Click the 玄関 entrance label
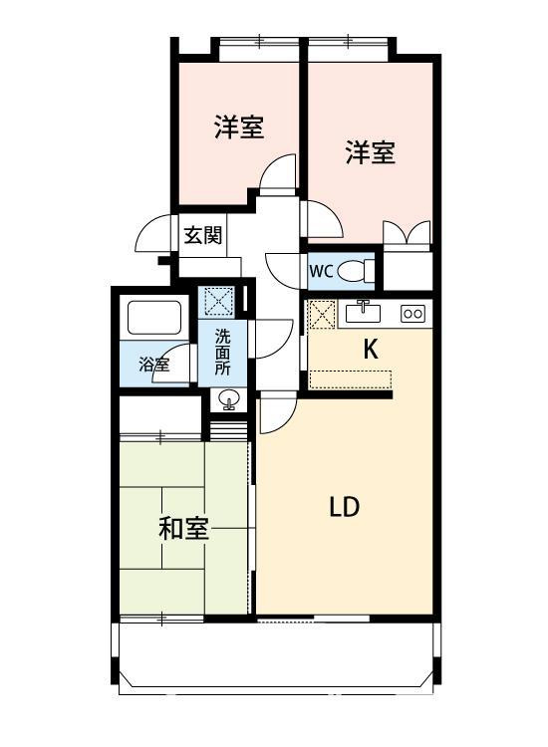click(202, 236)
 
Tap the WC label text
click(320, 270)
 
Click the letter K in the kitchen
click(370, 350)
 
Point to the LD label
click(344, 507)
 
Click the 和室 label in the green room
click(184, 529)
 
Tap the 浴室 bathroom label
click(153, 365)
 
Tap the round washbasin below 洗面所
click(229, 401)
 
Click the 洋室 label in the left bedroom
click(238, 127)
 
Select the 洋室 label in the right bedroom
click(371, 152)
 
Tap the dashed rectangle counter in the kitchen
click(351, 378)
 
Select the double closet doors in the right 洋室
click(408, 232)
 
